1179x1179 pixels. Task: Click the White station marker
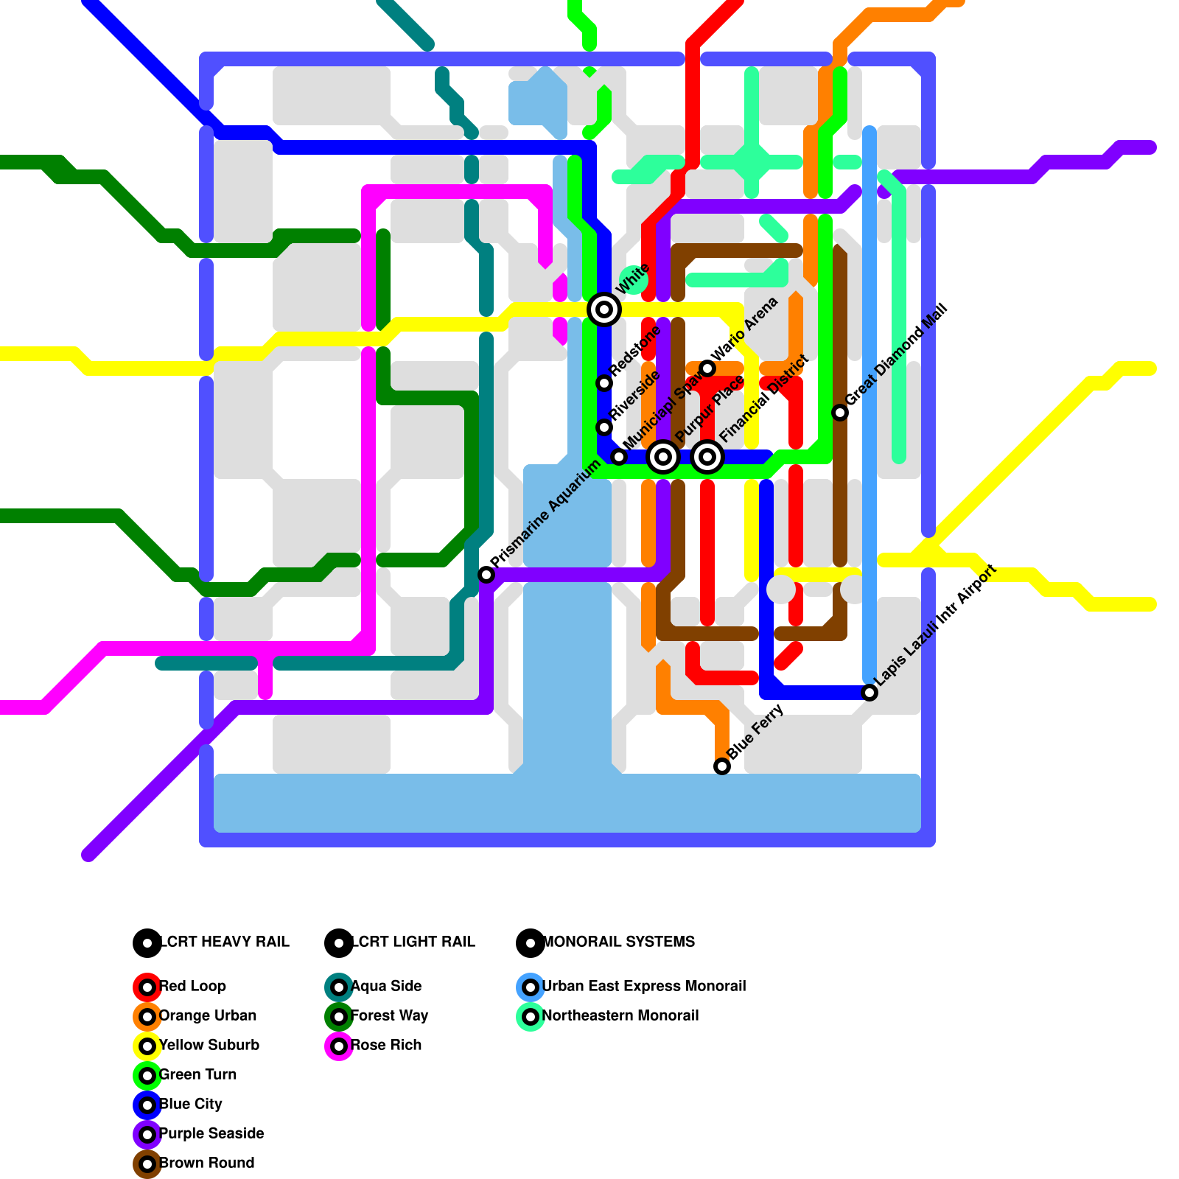pyautogui.click(x=604, y=309)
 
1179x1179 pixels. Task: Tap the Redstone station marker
pyautogui.click(x=604, y=383)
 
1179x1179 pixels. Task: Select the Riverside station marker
pyautogui.click(x=604, y=427)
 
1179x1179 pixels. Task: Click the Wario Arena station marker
pyautogui.click(x=707, y=368)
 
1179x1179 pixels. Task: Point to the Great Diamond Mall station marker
pyautogui.click(x=840, y=413)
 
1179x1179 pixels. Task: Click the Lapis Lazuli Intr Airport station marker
pyautogui.click(x=870, y=693)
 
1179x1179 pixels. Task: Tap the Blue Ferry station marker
pyautogui.click(x=722, y=766)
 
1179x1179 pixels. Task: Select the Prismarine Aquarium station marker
pyautogui.click(x=486, y=575)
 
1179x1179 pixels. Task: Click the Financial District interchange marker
pyautogui.click(x=707, y=457)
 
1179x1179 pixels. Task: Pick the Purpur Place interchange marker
pyautogui.click(x=663, y=457)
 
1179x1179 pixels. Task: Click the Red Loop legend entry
pyautogui.click(x=192, y=986)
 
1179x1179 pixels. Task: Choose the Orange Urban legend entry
pyautogui.click(x=207, y=1015)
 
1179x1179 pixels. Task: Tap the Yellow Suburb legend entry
pyautogui.click(x=209, y=1045)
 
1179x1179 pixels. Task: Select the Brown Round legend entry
pyautogui.click(x=206, y=1163)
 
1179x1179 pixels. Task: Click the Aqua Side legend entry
pyautogui.click(x=385, y=986)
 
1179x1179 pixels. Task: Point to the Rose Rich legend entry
pyautogui.click(x=385, y=1045)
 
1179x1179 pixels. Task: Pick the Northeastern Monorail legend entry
pyautogui.click(x=620, y=1015)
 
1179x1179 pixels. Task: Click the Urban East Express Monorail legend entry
pyautogui.click(x=643, y=986)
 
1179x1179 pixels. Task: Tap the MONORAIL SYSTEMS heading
pyautogui.click(x=618, y=942)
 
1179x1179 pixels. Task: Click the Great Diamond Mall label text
pyautogui.click(x=896, y=355)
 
